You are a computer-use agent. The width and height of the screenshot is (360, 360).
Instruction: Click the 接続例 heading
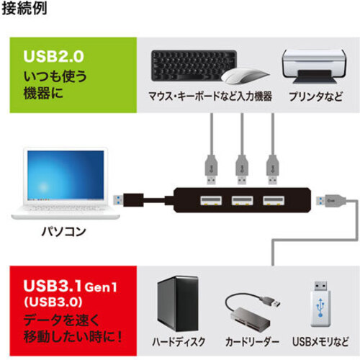24,9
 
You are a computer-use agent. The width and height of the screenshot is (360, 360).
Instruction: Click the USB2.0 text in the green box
54,57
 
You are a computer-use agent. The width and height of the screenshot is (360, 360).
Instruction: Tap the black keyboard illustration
194,66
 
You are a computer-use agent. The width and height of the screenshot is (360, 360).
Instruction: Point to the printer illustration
315,66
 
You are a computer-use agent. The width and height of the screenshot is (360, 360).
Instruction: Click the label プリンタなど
316,96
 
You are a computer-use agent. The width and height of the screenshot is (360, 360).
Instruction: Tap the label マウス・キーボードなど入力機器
210,96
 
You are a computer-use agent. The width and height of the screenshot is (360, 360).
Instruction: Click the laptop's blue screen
66,175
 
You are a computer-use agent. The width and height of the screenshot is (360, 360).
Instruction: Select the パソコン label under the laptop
64,231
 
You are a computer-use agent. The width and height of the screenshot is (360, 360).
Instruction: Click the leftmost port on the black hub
211,201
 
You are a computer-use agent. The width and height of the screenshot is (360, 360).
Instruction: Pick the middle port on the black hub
242,201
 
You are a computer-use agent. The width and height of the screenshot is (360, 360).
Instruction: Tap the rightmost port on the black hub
274,201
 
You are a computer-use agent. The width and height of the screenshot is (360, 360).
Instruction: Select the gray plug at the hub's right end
330,201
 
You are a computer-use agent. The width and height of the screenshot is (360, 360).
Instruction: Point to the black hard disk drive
178,304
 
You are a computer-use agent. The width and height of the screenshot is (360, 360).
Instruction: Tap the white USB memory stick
320,303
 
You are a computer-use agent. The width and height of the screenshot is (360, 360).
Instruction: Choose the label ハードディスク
179,342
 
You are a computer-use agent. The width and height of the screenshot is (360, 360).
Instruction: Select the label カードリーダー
252,342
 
